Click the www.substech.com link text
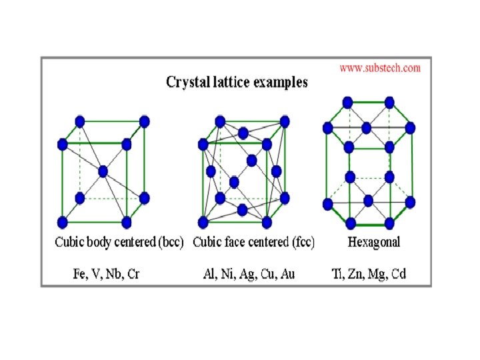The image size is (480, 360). pos(380,68)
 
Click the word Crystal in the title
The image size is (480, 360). pos(187,83)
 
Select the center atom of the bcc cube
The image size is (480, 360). pos(103,171)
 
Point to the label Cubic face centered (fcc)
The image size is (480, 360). pos(253,241)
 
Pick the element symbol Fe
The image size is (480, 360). pos(79,273)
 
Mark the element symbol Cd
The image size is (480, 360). pos(399,273)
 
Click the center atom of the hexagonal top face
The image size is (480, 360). pos(367,127)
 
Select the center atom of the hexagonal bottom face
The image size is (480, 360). pos(368,201)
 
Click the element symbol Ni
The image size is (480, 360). pos(228,273)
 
